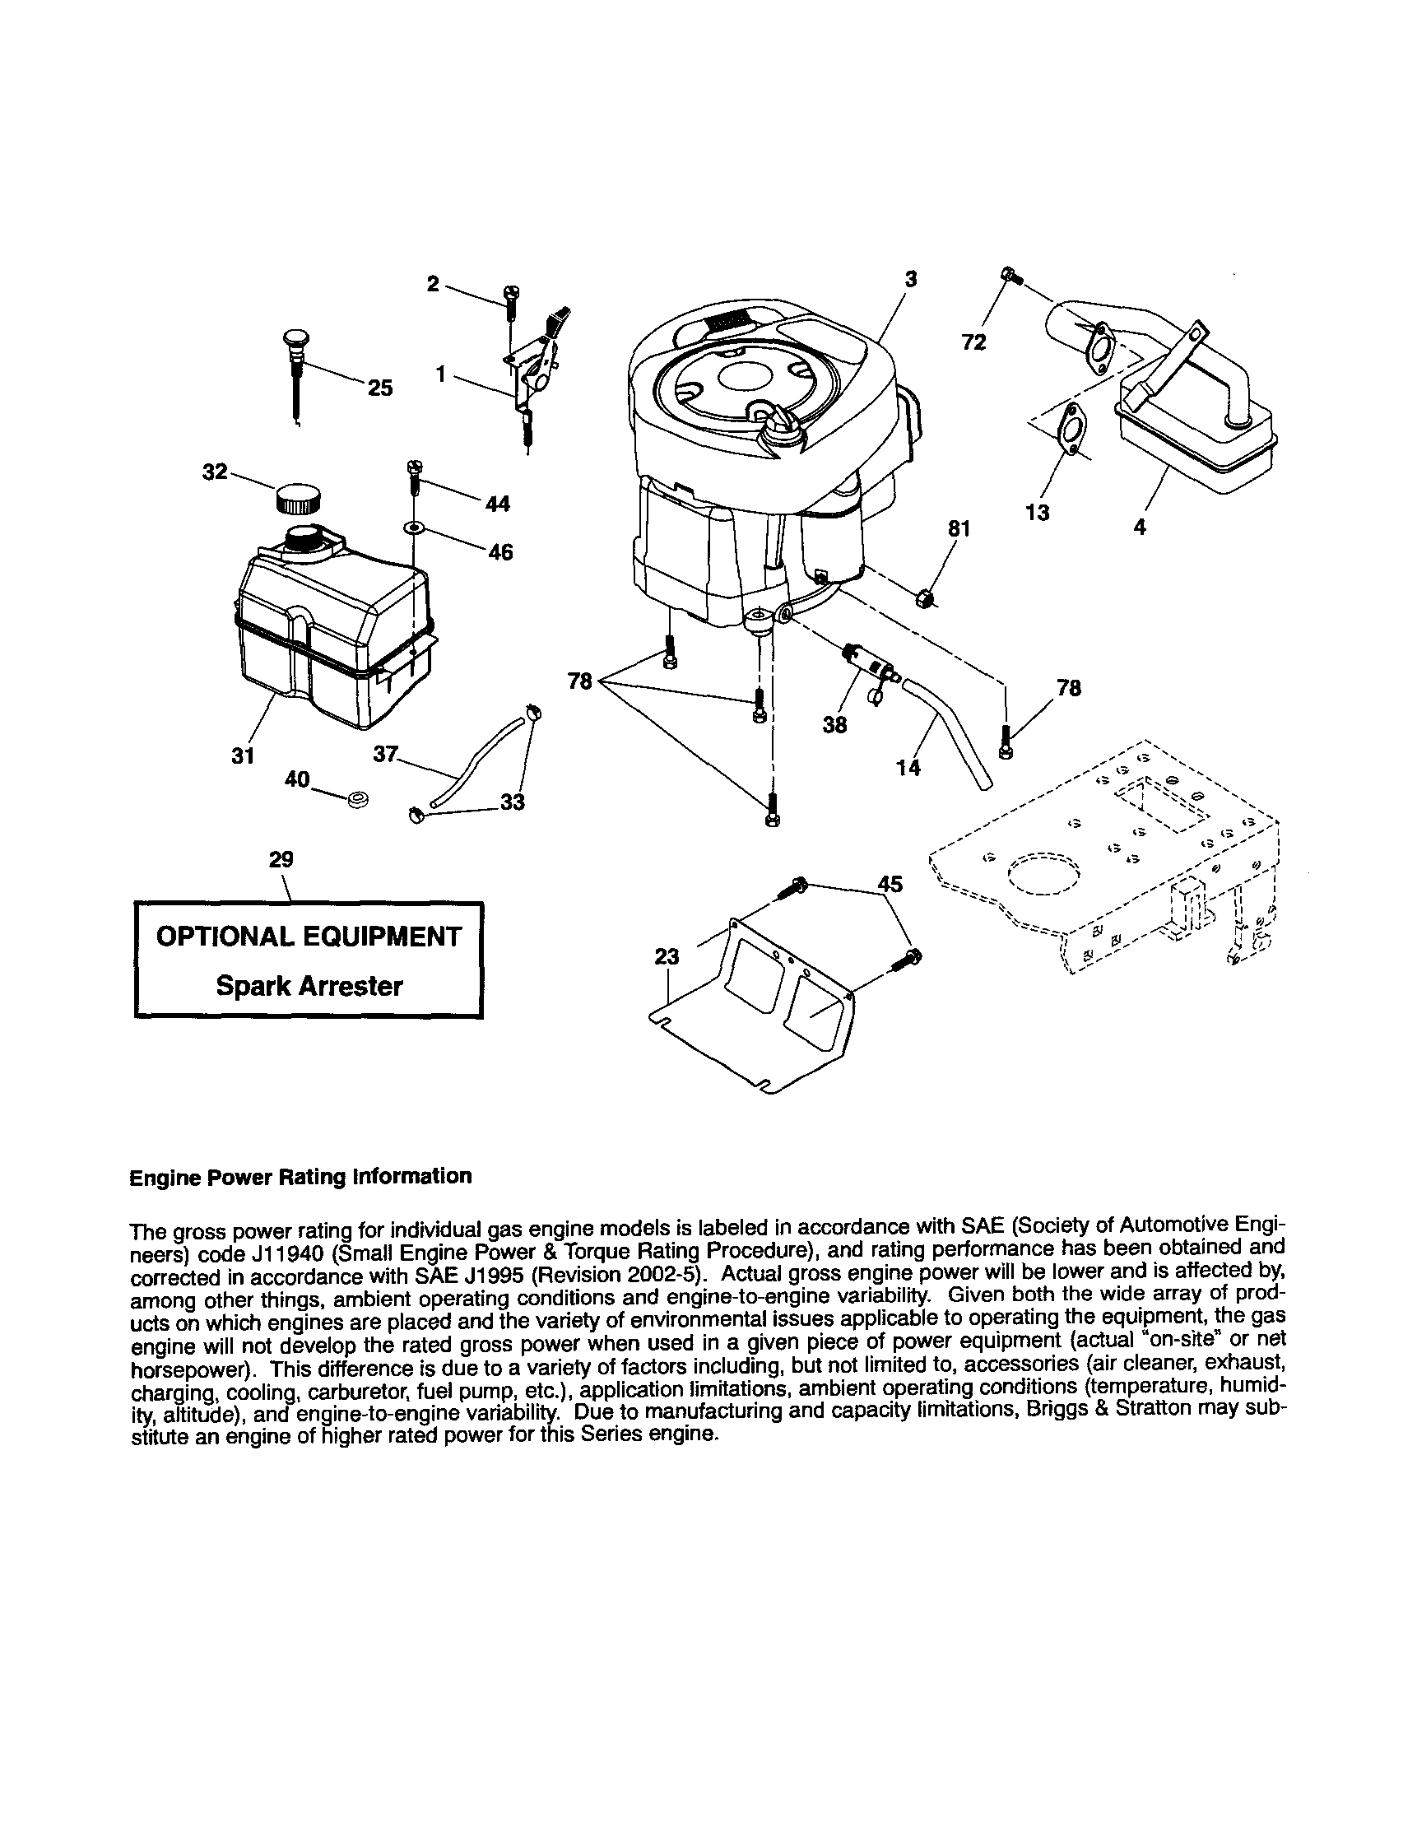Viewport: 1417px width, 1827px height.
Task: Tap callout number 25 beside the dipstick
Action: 380,388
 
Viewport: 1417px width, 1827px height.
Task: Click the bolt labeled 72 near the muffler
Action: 1010,274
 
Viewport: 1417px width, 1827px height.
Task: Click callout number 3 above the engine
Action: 911,280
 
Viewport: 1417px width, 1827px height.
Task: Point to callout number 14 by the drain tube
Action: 908,767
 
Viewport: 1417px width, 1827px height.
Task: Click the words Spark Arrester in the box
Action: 309,985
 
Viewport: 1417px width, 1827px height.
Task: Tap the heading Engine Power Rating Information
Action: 300,1175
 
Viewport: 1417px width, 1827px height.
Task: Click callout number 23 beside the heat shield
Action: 667,956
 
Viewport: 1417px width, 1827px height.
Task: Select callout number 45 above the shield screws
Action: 890,883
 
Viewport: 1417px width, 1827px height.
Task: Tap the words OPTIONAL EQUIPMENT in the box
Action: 309,936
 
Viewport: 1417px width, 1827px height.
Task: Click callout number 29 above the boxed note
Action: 281,859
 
